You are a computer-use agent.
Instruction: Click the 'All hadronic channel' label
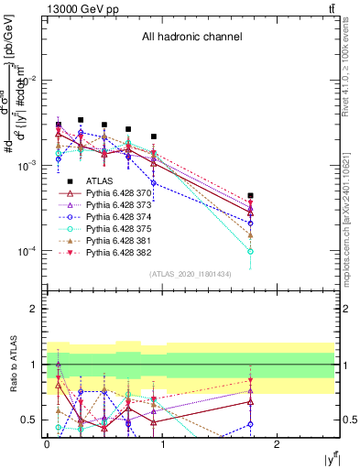coord(191,38)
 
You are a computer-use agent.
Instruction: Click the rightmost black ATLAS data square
coord(250,195)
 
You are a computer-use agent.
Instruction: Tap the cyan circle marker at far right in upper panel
coord(250,251)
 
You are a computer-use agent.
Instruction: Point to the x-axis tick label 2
coord(279,442)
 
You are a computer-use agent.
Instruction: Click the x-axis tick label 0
coord(47,442)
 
